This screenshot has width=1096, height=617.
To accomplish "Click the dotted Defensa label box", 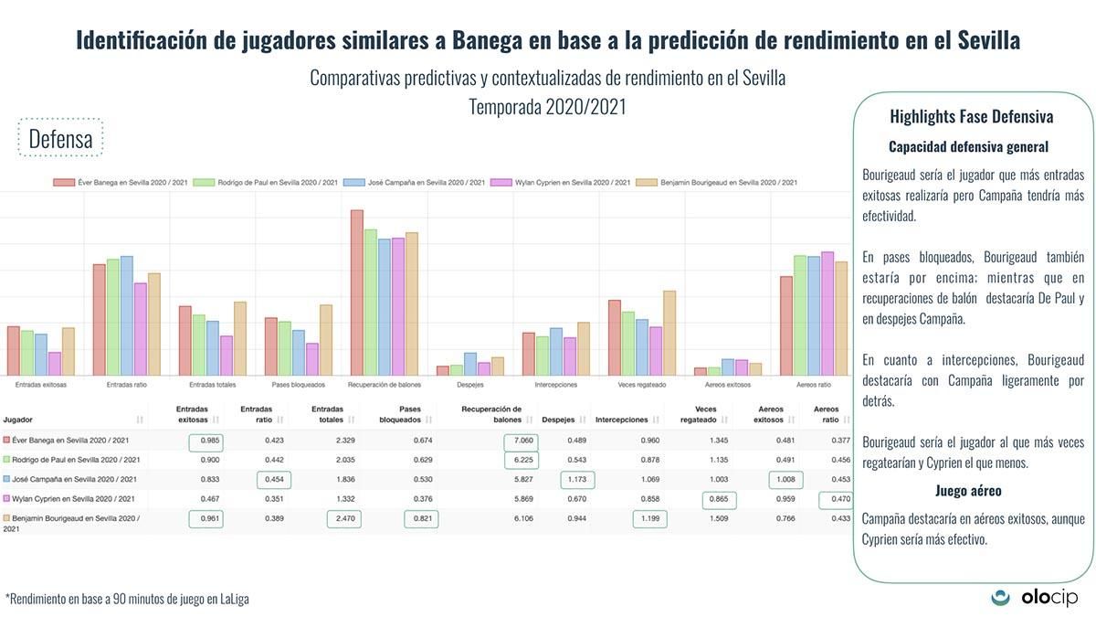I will (x=60, y=139).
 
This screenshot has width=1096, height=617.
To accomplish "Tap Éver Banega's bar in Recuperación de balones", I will (x=357, y=293).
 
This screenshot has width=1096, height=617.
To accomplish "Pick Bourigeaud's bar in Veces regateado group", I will (x=669, y=333).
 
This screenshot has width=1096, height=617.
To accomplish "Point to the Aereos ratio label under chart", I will (x=813, y=386).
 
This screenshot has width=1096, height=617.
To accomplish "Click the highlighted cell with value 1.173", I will (x=576, y=479).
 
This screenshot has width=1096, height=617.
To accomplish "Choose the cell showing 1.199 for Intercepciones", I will (x=649, y=518).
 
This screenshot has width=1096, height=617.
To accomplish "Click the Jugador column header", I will (x=22, y=420).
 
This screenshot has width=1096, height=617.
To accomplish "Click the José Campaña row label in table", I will (x=73, y=479).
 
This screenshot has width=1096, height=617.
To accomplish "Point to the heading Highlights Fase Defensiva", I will (x=971, y=117).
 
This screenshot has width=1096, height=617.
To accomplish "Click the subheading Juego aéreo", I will (x=967, y=490).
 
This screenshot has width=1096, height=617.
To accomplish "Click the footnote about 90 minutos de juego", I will (x=128, y=599).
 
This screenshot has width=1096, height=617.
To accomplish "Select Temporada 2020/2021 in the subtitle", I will (x=547, y=106).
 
